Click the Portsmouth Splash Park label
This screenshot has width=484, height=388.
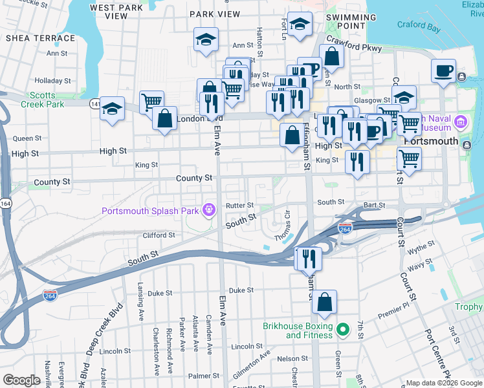click(151, 211)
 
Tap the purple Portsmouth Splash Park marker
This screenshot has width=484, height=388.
click(208, 210)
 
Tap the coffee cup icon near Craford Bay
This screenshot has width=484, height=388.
click(443, 70)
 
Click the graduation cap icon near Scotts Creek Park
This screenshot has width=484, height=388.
click(112, 109)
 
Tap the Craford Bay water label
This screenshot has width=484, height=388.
click(419, 28)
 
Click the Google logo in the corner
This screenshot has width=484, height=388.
click(21, 380)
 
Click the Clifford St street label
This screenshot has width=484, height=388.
click(159, 235)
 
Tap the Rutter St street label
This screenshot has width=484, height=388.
click(239, 206)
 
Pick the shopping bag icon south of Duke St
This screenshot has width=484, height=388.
click(324, 301)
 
